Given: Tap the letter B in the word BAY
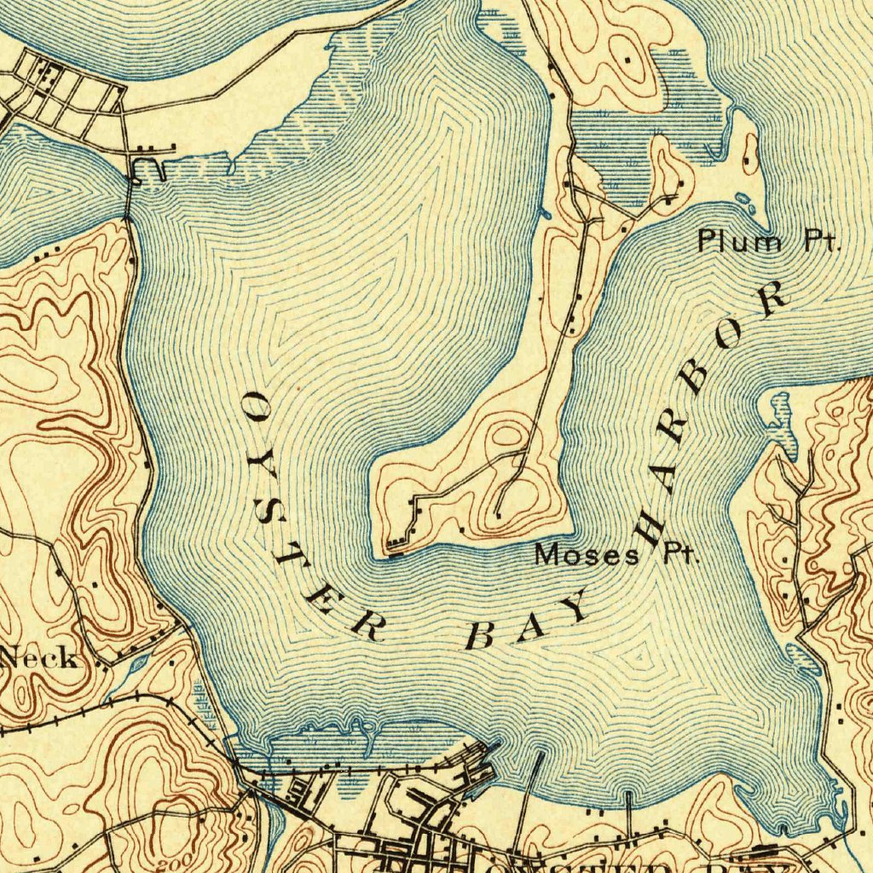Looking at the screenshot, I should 481,635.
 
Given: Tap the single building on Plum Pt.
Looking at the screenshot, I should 748,159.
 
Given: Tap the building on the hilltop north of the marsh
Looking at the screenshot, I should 628,61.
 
